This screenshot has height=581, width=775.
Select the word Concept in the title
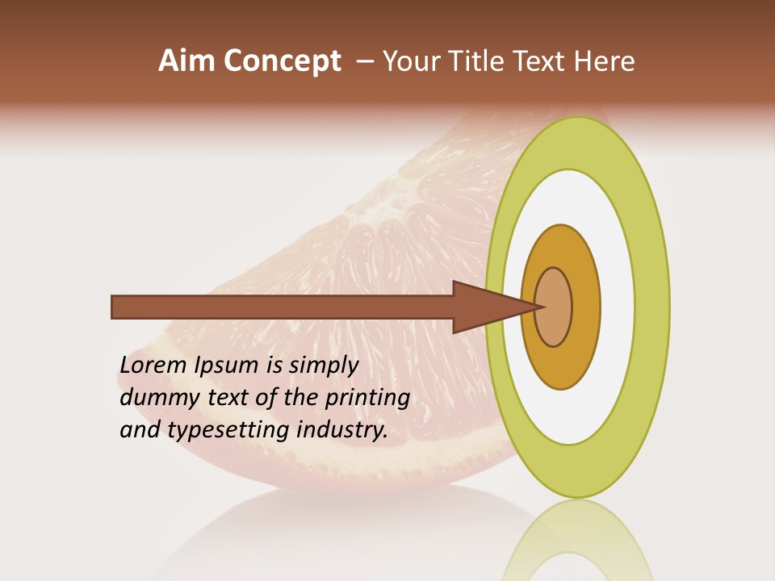pyautogui.click(x=282, y=61)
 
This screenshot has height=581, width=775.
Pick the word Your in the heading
pyautogui.click(x=410, y=61)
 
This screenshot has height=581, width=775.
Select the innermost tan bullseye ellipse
pyautogui.click(x=554, y=307)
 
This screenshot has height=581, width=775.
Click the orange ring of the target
pyautogui.click(x=585, y=307)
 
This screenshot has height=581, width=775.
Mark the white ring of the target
pyautogui.click(x=618, y=307)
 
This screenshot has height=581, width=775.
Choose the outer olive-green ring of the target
pyautogui.click(x=652, y=307)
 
